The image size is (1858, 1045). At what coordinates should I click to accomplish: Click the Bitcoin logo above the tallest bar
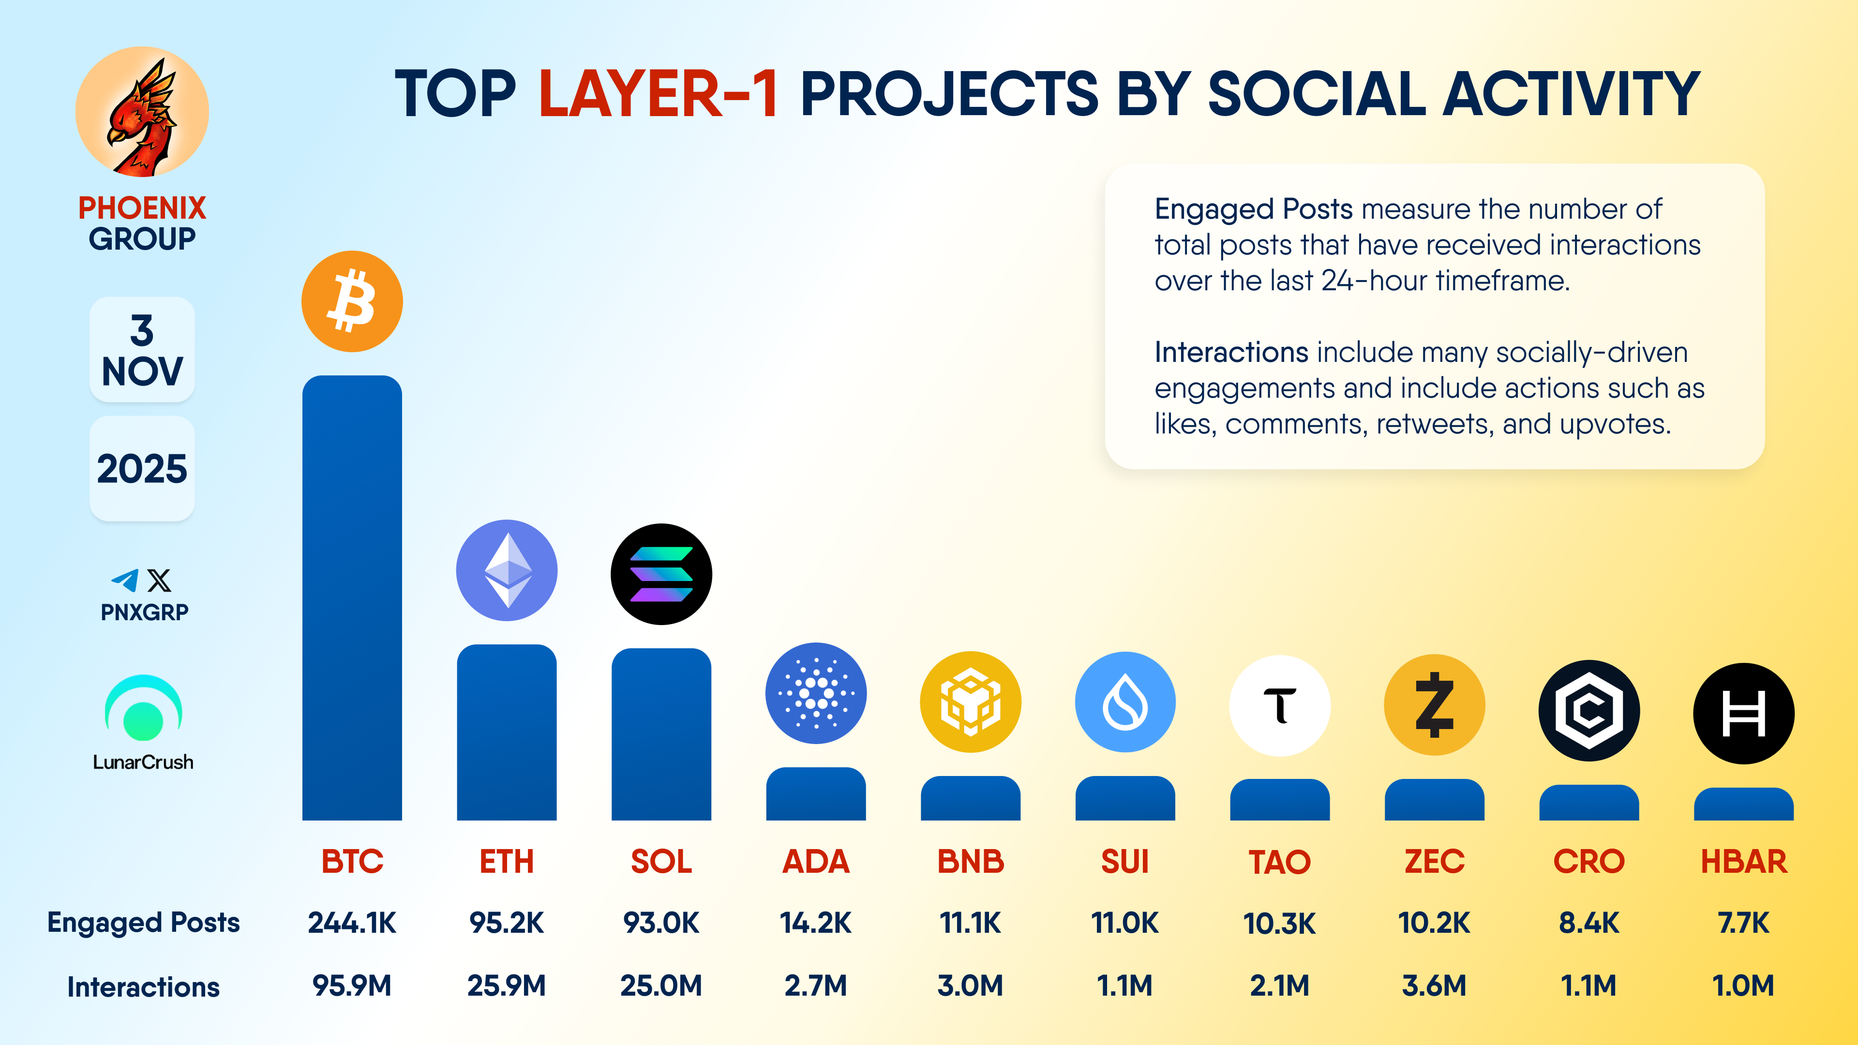[352, 301]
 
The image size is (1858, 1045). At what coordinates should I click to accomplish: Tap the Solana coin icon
[660, 574]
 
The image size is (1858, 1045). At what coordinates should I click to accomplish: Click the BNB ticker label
[970, 861]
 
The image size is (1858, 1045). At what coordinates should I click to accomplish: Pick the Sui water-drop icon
[1124, 702]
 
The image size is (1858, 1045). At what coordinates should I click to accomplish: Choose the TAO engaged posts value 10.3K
[1279, 923]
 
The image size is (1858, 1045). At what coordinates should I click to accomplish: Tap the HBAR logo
[1743, 713]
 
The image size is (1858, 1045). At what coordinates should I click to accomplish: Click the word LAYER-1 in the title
[658, 94]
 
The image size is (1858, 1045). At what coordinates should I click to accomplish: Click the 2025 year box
[142, 469]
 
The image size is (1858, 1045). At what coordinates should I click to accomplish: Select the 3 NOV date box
[142, 350]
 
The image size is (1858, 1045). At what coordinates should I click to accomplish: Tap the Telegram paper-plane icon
[125, 581]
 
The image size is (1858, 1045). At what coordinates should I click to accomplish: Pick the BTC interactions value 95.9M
[352, 985]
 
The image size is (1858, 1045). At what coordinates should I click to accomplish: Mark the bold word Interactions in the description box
[1231, 352]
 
